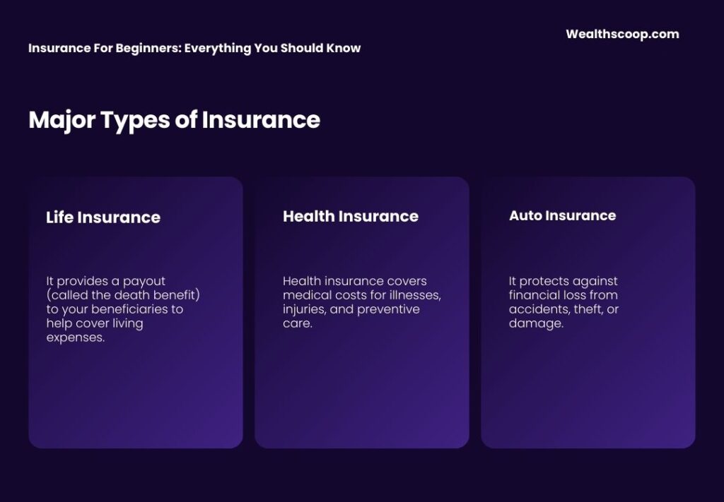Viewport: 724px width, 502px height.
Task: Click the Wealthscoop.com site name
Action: [x=622, y=34]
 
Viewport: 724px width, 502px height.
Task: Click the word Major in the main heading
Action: [x=62, y=119]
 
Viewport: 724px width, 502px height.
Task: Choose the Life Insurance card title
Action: [x=103, y=217]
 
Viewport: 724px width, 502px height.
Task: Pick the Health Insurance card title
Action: [x=351, y=216]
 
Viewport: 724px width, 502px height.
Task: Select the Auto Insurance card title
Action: [x=562, y=215]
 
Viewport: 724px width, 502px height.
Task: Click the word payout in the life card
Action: [x=145, y=281]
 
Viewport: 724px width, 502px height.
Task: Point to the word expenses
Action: [x=75, y=337]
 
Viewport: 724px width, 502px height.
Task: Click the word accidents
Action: [x=538, y=309]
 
